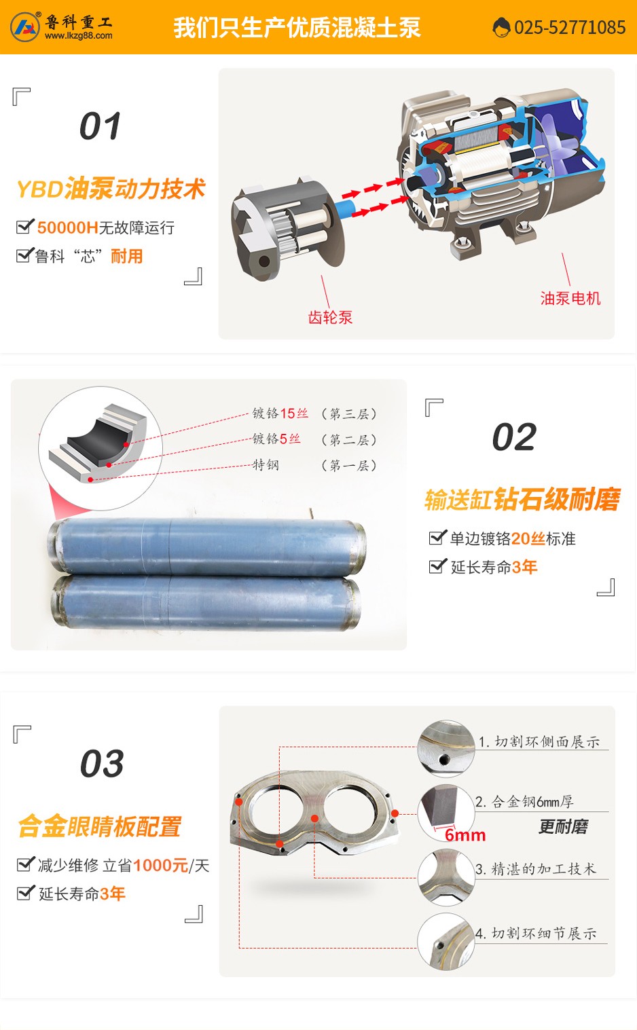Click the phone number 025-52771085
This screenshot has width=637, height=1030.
click(x=569, y=28)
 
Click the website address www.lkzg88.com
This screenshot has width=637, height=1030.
click(x=79, y=36)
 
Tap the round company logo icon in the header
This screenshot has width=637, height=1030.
click(x=25, y=27)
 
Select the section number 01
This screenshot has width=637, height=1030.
click(x=101, y=126)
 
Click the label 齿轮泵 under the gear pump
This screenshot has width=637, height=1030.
click(x=330, y=318)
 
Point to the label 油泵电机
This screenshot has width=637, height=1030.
click(x=570, y=299)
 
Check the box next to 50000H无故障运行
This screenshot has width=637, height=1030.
click(x=24, y=227)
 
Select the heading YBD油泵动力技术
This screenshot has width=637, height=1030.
click(x=111, y=189)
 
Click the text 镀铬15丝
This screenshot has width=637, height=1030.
click(x=280, y=413)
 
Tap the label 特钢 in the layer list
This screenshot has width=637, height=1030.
click(x=266, y=465)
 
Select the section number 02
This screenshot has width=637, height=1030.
click(x=514, y=437)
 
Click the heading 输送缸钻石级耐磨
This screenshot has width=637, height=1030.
click(x=522, y=500)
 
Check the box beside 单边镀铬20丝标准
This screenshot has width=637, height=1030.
click(x=438, y=538)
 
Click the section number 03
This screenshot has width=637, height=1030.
click(x=102, y=764)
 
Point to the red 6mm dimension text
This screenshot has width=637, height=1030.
click(x=465, y=835)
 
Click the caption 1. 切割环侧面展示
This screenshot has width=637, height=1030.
click(x=539, y=742)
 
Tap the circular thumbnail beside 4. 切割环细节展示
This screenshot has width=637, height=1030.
click(x=445, y=942)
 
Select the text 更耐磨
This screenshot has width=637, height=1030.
click(x=563, y=827)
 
